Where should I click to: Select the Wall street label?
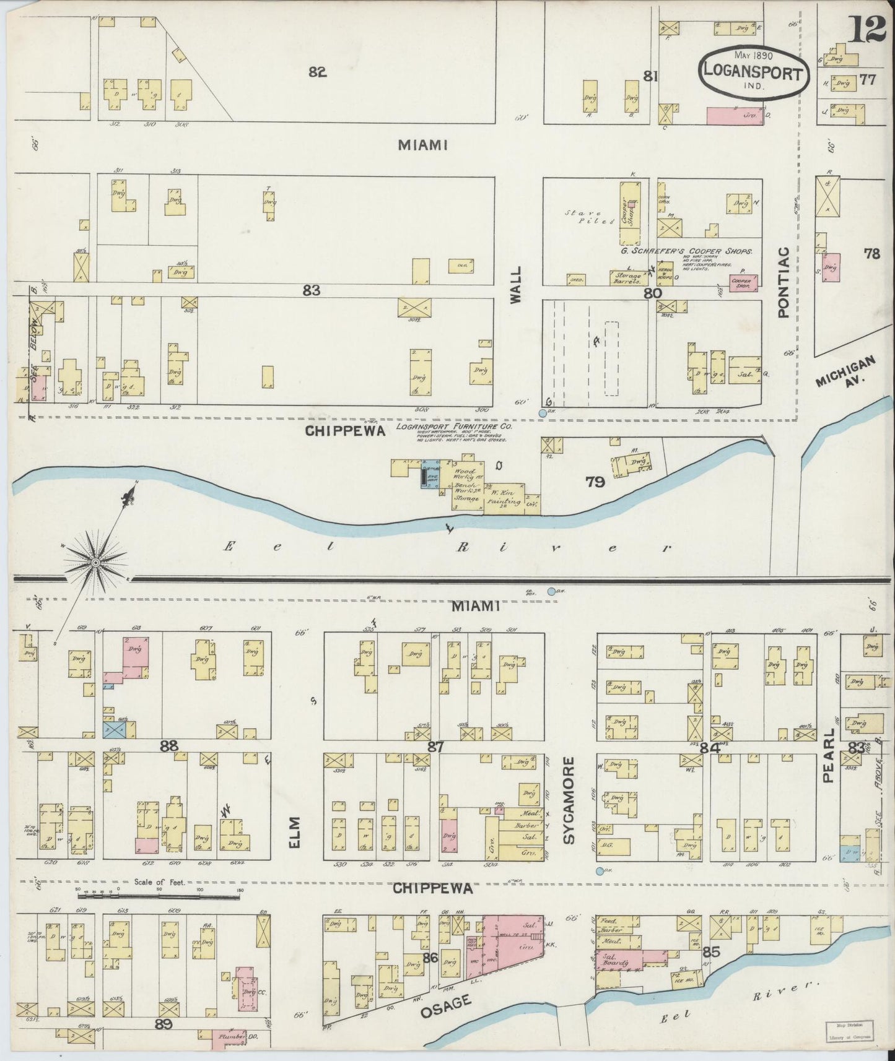[x=517, y=284]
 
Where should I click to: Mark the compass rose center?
[x=95, y=562]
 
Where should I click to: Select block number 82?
[x=317, y=72]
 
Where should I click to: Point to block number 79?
[x=595, y=482]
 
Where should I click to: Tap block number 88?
[x=169, y=746]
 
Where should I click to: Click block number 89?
[x=163, y=1024]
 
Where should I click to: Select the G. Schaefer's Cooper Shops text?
[x=686, y=252]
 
